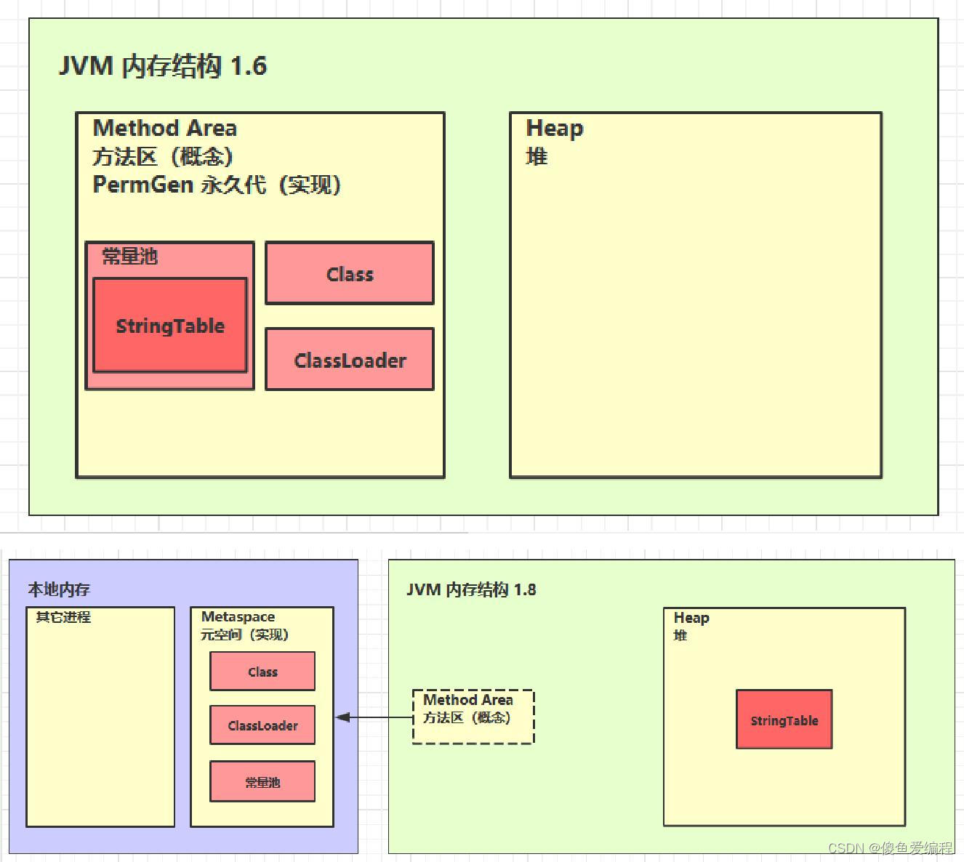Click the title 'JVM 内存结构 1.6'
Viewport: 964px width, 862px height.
coord(163,66)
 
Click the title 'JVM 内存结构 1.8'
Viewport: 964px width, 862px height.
coord(471,589)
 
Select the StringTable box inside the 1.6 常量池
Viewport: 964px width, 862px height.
coord(170,326)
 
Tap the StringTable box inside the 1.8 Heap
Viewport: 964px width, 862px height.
coord(784,720)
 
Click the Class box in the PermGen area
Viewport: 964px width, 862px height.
coord(350,273)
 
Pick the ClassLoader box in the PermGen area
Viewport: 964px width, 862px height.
coord(350,360)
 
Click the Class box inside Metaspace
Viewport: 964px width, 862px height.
coord(262,672)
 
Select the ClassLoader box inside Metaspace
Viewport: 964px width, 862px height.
coord(262,725)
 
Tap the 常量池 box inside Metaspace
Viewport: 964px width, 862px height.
coord(262,782)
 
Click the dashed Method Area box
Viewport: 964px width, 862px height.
coord(473,717)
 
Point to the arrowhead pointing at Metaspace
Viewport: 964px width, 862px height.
coord(342,717)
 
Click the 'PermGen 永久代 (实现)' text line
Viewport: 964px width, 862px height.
coord(217,185)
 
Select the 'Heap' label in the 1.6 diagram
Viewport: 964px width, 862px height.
coord(554,128)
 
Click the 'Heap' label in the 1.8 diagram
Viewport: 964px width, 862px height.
coord(691,618)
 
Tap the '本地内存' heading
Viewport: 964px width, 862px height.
coord(59,589)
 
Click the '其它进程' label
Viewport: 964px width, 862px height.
coord(63,617)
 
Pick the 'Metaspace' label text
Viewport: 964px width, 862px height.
coord(238,617)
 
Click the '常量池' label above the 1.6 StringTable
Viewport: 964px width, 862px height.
coord(129,256)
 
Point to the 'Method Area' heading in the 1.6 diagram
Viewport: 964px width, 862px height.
coord(165,129)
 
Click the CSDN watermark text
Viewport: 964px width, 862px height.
coord(890,847)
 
